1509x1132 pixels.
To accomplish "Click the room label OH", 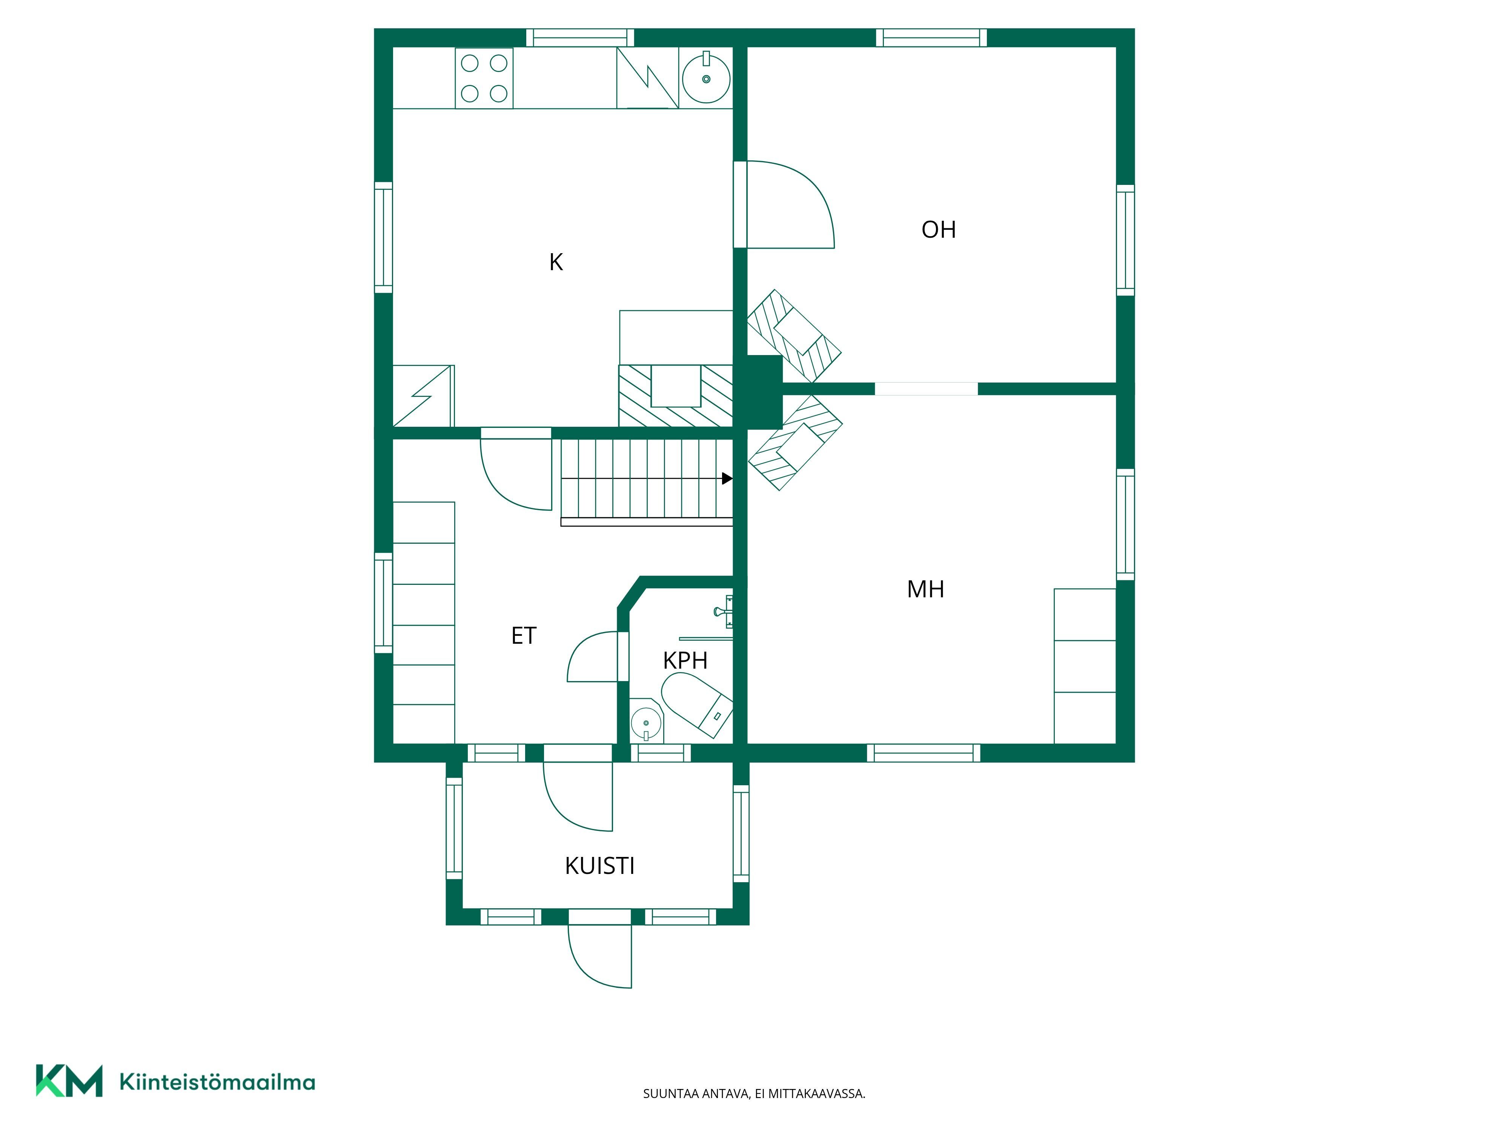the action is tap(939, 229).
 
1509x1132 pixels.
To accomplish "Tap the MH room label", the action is tap(926, 589).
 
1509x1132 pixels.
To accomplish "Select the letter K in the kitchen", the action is tap(556, 262).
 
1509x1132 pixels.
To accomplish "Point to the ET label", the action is tap(524, 635).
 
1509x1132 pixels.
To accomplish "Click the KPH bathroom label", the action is tap(685, 660).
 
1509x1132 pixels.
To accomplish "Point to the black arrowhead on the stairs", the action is tap(727, 479).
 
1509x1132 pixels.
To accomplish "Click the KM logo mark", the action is tap(69, 1080).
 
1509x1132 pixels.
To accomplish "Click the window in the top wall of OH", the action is tap(931, 37).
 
